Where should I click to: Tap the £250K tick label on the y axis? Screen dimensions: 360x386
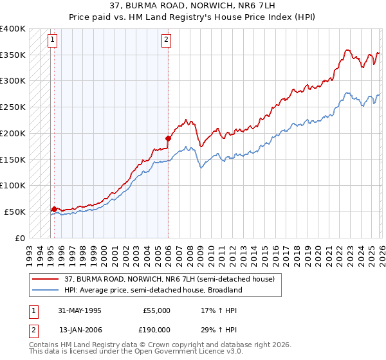tap(13, 107)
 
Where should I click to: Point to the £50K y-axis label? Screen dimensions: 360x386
tap(15, 212)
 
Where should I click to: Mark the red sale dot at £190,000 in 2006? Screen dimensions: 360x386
tap(168, 138)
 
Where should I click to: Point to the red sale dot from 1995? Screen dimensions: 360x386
tap(55, 209)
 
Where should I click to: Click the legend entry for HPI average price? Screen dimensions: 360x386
tap(152, 290)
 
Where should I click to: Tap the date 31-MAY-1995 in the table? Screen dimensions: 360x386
tap(80, 310)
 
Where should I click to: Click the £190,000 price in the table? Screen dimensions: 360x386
tap(156, 329)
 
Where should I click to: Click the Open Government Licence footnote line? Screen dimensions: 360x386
tap(136, 352)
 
